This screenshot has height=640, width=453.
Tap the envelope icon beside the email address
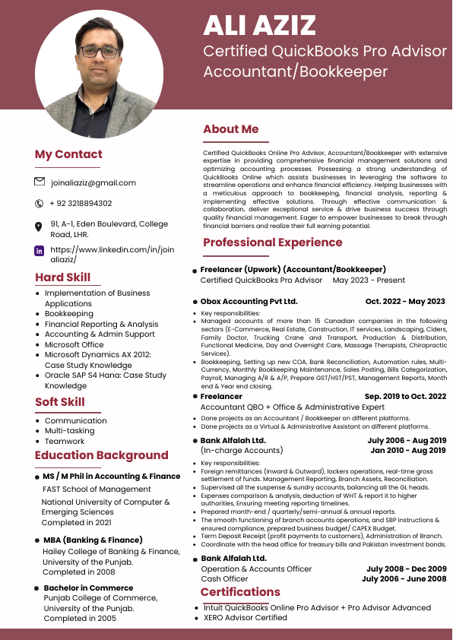[40, 182]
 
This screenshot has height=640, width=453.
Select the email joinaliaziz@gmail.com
[93, 182]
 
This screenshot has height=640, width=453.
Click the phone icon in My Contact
[40, 204]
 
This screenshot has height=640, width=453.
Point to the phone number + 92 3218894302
[81, 204]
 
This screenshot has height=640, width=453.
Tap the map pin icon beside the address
[40, 227]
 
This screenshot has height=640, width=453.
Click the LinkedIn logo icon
[40, 250]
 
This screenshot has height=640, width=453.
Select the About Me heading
[231, 129]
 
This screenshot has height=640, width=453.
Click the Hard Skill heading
[62, 277]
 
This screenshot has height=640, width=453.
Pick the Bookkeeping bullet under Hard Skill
[69, 314]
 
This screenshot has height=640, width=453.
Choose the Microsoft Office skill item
[74, 344]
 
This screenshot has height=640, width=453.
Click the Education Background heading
[101, 455]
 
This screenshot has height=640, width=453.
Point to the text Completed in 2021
[78, 523]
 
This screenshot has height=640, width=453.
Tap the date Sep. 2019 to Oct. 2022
[405, 397]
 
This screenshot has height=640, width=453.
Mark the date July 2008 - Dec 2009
[406, 569]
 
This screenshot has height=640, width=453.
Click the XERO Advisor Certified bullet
[246, 618]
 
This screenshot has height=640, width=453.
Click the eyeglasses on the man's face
[100, 52]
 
